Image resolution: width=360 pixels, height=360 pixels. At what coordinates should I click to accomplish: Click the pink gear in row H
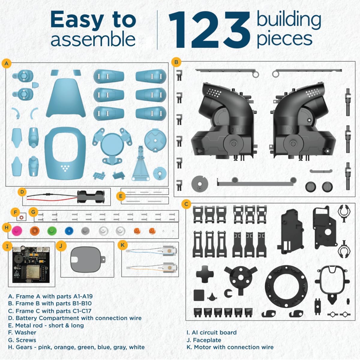click(x=17, y=231)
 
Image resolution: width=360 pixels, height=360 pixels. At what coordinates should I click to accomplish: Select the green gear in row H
click(x=52, y=231)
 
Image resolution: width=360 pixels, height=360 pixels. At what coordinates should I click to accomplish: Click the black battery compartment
click(x=88, y=197)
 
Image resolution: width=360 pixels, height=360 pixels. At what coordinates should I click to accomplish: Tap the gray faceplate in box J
click(x=86, y=259)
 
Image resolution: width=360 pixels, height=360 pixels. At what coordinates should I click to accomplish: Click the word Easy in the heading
click(x=77, y=20)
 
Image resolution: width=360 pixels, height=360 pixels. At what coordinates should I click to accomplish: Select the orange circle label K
click(x=122, y=245)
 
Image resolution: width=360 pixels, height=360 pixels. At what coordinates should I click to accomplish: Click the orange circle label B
click(x=176, y=62)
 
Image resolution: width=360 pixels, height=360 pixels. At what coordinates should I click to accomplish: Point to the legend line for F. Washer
click(x=22, y=332)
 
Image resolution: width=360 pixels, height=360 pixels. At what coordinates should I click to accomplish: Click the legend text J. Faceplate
click(x=204, y=340)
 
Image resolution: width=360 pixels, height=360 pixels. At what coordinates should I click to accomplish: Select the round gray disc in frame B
click(x=199, y=183)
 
